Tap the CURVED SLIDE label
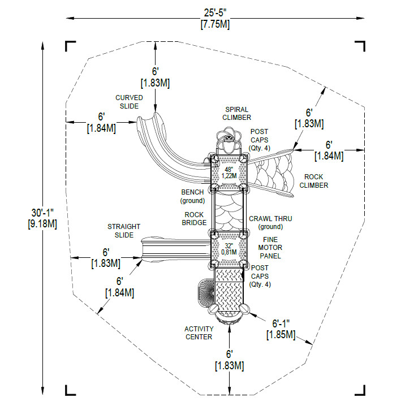coord(129,102)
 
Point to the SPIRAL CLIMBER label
coord(236,113)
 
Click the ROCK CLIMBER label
coord(313,181)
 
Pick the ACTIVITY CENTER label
coord(199,333)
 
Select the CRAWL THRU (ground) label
coord(266,222)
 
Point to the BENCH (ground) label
coord(192,196)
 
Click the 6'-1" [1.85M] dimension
coord(281,329)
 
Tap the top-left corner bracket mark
coord(71,46)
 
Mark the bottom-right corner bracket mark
coord(360,390)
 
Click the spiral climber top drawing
coord(228,139)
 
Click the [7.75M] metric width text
coord(215,25)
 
